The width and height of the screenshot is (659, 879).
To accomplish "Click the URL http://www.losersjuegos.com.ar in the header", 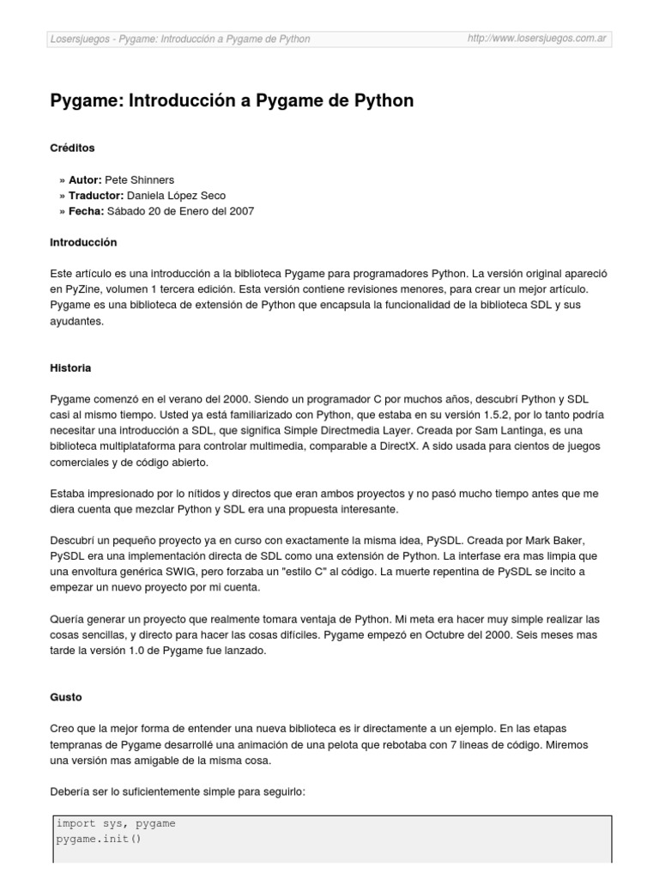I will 537,39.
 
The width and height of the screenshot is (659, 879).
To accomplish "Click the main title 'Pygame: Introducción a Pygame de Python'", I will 232,101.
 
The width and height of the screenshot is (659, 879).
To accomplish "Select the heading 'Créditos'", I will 72,148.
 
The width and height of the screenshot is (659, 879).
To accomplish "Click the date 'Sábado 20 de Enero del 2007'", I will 180,211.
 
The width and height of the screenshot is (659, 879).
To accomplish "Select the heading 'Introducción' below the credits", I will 83,243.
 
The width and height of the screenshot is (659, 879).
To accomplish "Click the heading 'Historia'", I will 70,368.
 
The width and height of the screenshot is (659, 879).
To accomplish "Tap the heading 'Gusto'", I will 66,698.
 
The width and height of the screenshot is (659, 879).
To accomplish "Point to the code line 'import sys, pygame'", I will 116,823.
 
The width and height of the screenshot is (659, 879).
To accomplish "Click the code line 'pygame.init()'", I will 98,839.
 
